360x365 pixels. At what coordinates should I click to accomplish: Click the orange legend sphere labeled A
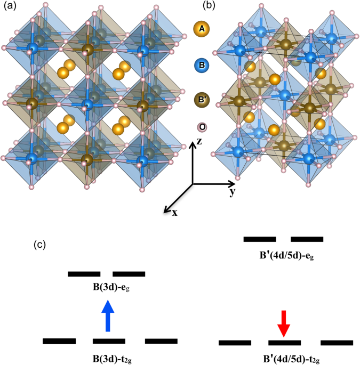[x=202, y=29]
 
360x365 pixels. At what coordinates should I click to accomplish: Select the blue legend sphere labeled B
[x=202, y=65]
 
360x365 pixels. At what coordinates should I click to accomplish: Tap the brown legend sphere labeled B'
[x=202, y=100]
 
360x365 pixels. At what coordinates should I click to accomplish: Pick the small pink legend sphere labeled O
[x=202, y=127]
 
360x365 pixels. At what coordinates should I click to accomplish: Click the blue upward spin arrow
[x=108, y=315]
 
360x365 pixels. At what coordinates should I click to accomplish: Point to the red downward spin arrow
[x=284, y=323]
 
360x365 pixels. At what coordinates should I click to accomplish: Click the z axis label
[x=199, y=141]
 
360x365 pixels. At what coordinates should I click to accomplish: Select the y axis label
[x=233, y=192]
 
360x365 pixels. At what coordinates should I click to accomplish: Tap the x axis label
[x=174, y=213]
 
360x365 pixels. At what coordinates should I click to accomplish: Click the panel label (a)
[x=10, y=6]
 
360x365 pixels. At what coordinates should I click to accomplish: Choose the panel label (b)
[x=209, y=6]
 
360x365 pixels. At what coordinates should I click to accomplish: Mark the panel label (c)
[x=39, y=245]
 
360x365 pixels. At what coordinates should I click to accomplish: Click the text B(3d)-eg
[x=111, y=287]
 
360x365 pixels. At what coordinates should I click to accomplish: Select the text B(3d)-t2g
[x=112, y=359]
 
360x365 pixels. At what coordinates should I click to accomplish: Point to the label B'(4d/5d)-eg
[x=286, y=256]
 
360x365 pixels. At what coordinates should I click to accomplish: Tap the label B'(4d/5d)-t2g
[x=291, y=359]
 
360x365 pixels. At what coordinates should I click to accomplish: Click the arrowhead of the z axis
[x=192, y=144]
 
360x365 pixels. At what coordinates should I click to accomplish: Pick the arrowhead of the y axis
[x=232, y=184]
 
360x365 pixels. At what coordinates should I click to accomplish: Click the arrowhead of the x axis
[x=166, y=210]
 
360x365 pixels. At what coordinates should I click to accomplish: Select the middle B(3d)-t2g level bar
[x=109, y=341]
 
